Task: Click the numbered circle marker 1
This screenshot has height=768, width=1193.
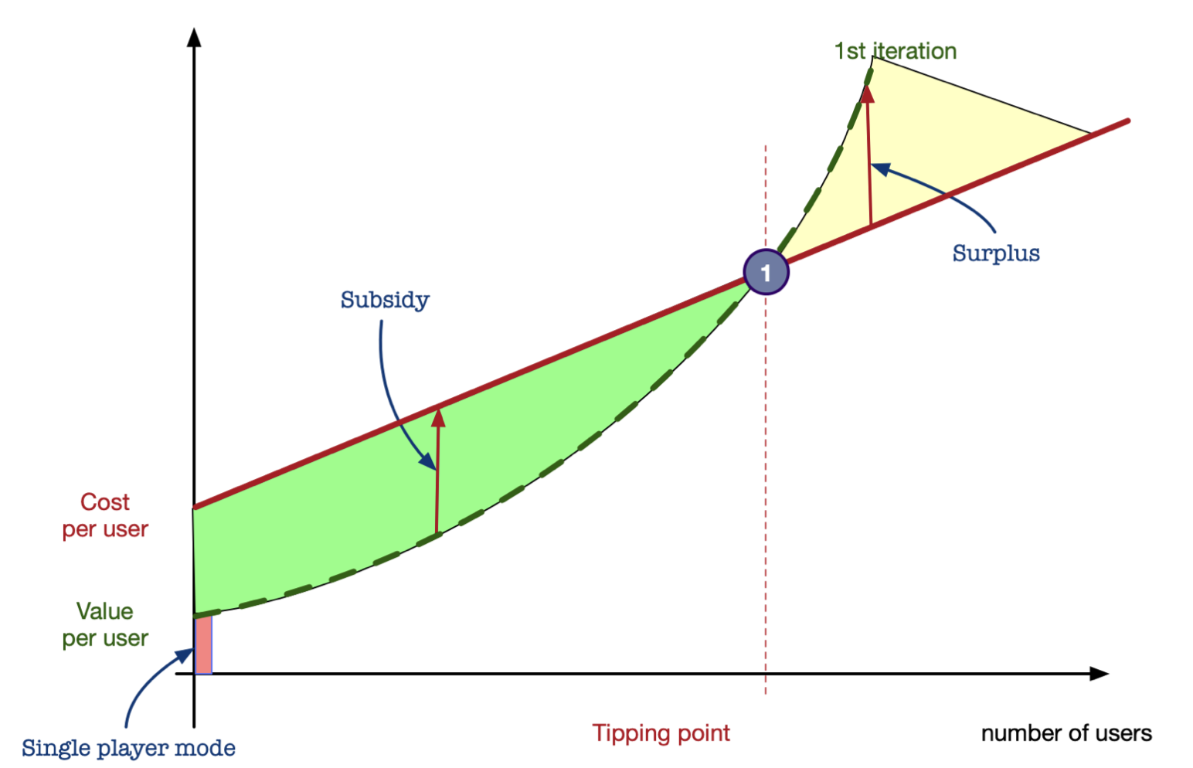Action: [766, 272]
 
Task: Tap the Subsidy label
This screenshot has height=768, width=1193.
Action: [385, 300]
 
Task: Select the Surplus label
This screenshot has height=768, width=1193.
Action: [996, 253]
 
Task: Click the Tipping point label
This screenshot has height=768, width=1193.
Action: [661, 733]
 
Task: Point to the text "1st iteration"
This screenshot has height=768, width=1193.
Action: [896, 51]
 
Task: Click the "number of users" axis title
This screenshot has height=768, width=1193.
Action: [1066, 733]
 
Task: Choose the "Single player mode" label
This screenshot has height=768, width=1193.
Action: [128, 748]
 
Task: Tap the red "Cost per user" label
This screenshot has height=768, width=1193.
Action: [105, 515]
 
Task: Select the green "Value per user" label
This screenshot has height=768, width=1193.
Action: [105, 625]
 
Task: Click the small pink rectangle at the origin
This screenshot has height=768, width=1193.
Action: [203, 645]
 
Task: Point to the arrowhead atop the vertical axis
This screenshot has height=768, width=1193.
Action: [194, 37]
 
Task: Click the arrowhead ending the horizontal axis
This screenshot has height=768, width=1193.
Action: [1099, 674]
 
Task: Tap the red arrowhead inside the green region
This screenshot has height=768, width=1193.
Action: [438, 418]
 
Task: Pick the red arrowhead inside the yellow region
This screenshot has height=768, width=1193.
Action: [868, 93]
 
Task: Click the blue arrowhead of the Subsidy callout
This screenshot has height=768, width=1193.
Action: [428, 461]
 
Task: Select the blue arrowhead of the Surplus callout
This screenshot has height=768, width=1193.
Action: [880, 169]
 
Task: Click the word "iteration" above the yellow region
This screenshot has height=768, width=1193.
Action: [915, 51]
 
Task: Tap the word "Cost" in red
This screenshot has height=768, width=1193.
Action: [105, 502]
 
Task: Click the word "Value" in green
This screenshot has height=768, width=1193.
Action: [105, 611]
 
